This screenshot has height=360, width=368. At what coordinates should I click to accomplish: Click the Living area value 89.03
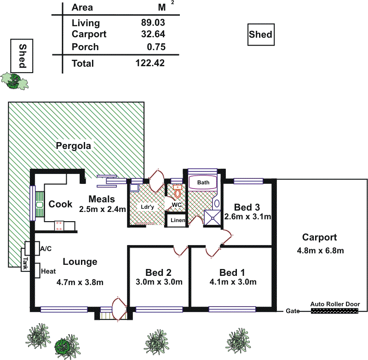153,23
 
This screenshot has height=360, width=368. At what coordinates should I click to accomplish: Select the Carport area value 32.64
153,34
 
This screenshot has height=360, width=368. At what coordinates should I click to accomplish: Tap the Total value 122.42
150,63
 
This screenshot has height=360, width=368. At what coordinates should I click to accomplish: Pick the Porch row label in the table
85,47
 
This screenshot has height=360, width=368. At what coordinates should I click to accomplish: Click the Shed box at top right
260,34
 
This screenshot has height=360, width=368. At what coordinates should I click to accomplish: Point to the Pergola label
74,146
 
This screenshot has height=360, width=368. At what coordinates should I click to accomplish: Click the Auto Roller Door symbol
334,311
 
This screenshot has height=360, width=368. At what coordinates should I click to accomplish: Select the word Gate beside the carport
292,311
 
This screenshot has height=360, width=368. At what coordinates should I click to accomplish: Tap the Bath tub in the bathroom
203,183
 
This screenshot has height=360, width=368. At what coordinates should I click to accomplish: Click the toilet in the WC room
177,191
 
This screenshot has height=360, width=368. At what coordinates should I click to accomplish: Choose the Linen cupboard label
178,221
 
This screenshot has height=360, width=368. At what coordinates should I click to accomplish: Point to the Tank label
25,262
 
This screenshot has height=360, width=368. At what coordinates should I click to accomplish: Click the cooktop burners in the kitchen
59,225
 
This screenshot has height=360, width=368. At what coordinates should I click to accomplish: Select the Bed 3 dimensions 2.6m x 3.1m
247,217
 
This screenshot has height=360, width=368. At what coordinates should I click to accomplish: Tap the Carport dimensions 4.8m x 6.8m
320,251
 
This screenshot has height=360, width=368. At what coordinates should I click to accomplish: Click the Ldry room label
147,207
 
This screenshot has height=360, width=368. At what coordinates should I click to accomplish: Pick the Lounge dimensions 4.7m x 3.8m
80,282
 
